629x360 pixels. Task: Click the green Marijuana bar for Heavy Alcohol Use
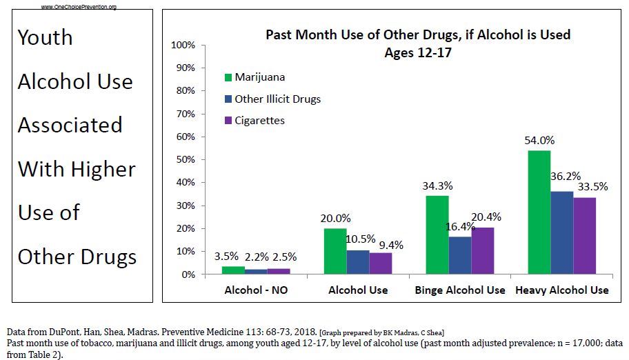tap(540, 212)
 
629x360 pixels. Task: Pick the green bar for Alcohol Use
tap(335, 251)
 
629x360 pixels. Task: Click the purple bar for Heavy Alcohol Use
tap(585, 236)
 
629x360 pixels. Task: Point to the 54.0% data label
tap(539, 141)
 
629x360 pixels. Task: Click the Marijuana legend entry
tap(259, 77)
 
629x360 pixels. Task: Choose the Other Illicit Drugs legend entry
tap(277, 99)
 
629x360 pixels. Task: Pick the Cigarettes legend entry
tap(259, 121)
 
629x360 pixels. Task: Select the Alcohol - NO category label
tap(256, 290)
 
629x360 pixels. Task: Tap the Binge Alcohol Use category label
tap(460, 290)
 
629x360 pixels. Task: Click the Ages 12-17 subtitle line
tap(418, 52)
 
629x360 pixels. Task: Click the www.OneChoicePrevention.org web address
tap(79, 7)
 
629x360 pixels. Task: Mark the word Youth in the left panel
tap(46, 37)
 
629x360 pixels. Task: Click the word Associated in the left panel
tap(70, 125)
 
